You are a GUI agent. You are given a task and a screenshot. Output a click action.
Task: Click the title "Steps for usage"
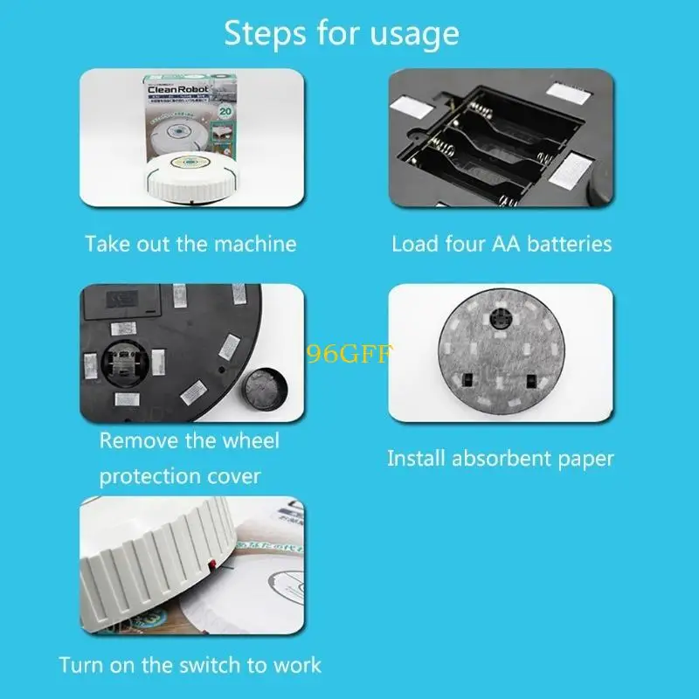342,33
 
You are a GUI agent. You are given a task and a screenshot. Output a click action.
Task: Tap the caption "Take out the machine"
190,243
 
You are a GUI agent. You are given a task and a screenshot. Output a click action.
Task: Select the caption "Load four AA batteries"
502,243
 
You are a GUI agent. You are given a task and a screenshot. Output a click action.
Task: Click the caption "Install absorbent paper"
501,458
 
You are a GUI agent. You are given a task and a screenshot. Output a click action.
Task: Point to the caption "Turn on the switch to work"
190,665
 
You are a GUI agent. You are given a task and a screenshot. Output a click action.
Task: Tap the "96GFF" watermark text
350,354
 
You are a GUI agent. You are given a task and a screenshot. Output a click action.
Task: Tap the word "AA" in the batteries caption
498,243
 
